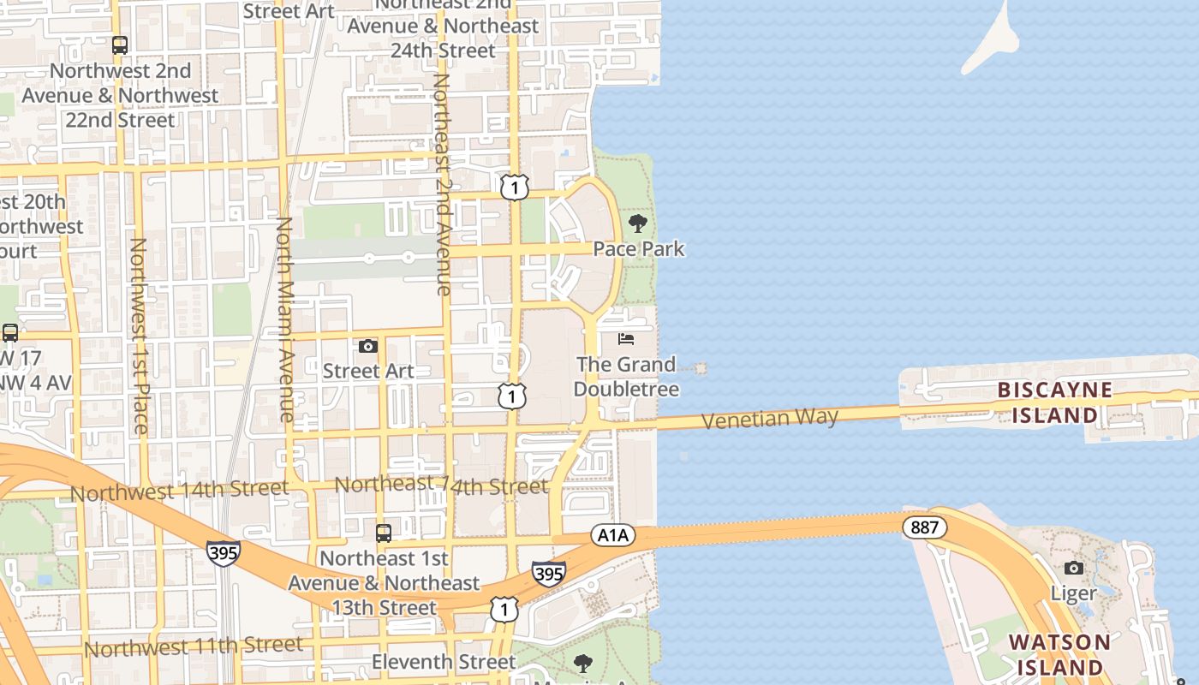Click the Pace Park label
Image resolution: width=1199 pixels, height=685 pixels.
point(639,249)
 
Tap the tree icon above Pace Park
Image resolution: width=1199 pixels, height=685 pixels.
point(637,224)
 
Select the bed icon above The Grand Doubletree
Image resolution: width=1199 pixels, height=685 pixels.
point(626,339)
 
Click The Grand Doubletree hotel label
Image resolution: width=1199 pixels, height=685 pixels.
point(626,377)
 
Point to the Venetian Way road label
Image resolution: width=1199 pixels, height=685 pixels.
point(769,419)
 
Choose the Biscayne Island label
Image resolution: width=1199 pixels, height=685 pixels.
point(1054,402)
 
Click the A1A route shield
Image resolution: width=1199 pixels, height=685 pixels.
point(612,535)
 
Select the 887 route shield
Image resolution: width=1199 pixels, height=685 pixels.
point(924,527)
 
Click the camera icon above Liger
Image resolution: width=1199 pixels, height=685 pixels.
point(1073,568)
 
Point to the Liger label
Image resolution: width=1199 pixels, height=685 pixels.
point(1073,593)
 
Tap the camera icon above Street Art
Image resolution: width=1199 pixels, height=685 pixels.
point(368,346)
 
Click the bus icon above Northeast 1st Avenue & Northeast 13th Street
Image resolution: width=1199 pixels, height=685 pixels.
point(384,533)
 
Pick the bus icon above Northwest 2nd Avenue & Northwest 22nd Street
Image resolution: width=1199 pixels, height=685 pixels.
point(120,45)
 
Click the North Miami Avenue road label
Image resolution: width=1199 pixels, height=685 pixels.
point(285,319)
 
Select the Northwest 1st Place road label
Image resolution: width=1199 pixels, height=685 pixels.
point(139,335)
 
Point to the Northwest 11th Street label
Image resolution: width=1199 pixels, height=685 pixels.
point(193,646)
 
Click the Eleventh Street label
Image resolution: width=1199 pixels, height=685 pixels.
point(444,662)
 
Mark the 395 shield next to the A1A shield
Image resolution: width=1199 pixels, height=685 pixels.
point(548,573)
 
